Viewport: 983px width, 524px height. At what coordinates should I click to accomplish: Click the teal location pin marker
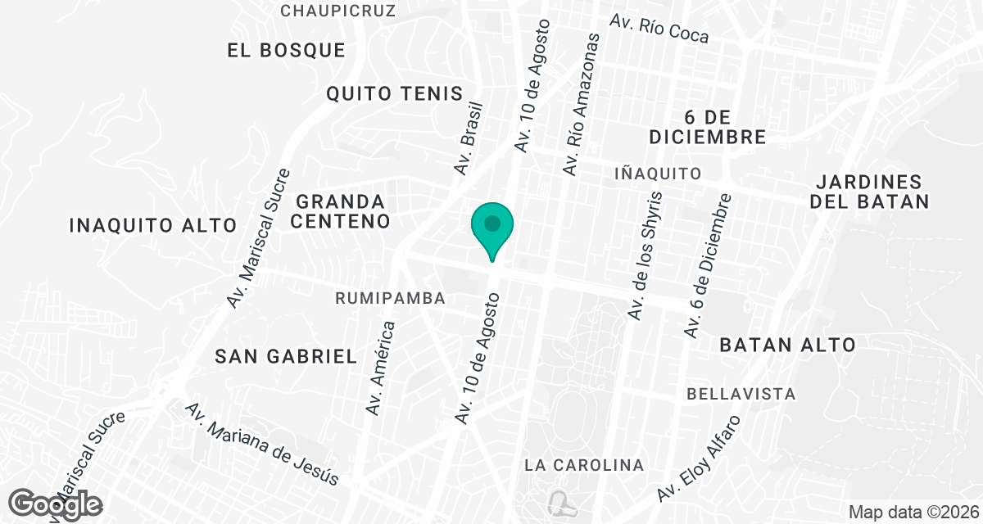[x=491, y=227]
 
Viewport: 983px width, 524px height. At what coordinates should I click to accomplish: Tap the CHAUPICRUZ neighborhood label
[x=338, y=11]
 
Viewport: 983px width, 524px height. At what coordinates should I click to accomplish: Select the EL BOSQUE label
[x=286, y=50]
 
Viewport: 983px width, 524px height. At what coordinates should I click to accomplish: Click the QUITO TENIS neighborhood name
[x=395, y=93]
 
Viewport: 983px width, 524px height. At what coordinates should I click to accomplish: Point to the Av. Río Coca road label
[x=659, y=29]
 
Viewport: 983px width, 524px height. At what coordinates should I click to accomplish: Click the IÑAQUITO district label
[x=658, y=174]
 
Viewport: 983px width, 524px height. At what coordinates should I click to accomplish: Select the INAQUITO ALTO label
[x=153, y=225]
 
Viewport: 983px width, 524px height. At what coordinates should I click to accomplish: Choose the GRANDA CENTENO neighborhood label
[x=340, y=211]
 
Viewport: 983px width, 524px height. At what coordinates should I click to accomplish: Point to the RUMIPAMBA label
[x=390, y=299]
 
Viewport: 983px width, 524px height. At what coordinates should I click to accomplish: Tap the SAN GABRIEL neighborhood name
[x=286, y=356]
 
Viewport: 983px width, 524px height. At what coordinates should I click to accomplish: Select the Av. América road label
[x=381, y=368]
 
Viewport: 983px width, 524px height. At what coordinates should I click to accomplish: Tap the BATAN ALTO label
[x=787, y=346]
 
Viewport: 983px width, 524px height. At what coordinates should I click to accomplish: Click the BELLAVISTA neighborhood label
[x=741, y=394]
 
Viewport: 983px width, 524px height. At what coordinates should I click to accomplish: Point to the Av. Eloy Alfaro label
[x=699, y=458]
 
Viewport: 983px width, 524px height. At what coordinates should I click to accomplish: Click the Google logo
[x=57, y=504]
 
